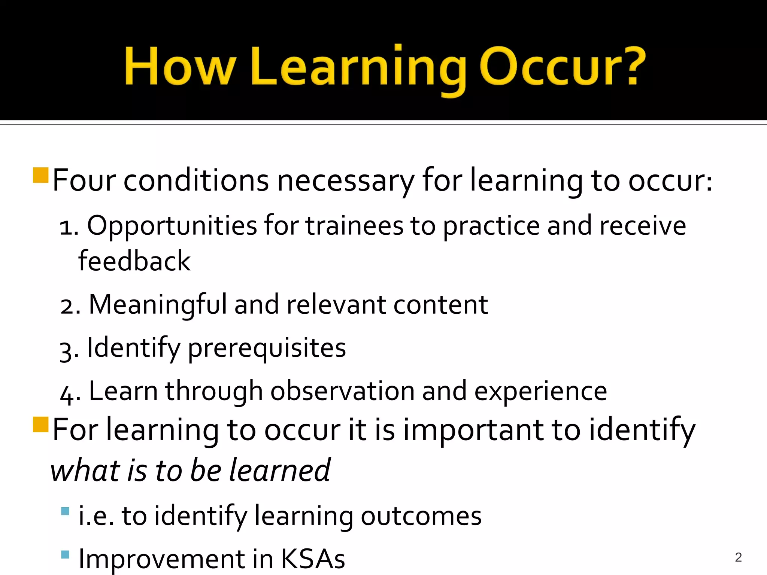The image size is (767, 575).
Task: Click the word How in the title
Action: click(x=179, y=67)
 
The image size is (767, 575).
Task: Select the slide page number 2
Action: click(x=738, y=557)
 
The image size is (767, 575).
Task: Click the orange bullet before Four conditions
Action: click(x=40, y=175)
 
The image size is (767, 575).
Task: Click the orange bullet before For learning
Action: click(x=40, y=425)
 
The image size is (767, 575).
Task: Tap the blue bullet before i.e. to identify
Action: click(x=65, y=511)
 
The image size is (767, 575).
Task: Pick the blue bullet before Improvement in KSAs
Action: click(x=65, y=554)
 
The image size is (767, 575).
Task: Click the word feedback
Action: click(x=134, y=261)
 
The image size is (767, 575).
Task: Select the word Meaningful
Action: click(x=158, y=305)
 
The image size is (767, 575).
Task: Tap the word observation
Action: click(x=342, y=391)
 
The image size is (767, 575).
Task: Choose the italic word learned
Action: click(x=280, y=471)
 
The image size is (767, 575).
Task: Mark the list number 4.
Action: click(x=67, y=394)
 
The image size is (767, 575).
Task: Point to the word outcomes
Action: click(x=421, y=516)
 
